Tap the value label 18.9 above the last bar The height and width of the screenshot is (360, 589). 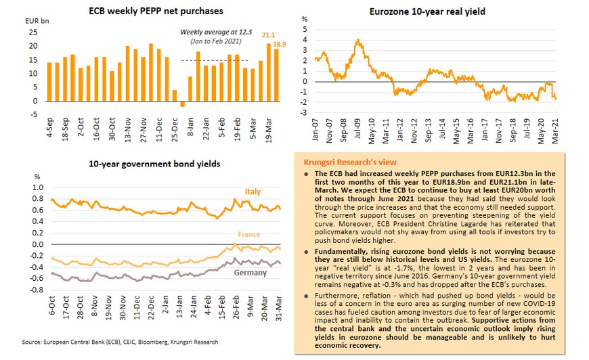[x=279, y=44]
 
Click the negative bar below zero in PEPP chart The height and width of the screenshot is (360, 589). [x=181, y=104]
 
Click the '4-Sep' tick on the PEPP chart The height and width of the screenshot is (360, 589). [x=49, y=122]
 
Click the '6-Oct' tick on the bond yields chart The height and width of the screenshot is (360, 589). [x=51, y=305]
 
